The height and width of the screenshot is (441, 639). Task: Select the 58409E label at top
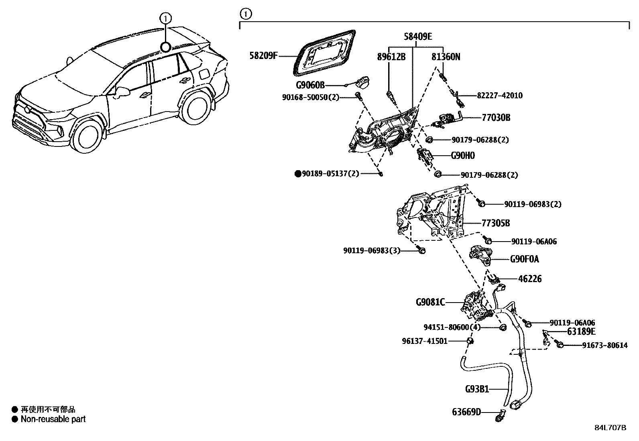click(417, 37)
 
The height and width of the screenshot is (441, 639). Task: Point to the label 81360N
click(446, 57)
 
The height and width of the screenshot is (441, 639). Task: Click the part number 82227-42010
click(500, 96)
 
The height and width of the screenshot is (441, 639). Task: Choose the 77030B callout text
click(496, 118)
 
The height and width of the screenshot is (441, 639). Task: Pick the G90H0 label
click(462, 156)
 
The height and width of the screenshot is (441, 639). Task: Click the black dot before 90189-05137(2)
click(298, 173)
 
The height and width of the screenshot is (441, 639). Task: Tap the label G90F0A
click(525, 259)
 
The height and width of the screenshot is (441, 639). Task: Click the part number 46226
click(529, 278)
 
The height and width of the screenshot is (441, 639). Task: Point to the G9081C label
click(430, 302)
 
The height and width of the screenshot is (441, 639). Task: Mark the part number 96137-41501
click(425, 341)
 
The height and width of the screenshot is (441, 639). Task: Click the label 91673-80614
click(605, 345)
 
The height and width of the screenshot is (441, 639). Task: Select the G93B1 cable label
click(477, 389)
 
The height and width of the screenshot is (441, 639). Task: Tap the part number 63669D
click(466, 412)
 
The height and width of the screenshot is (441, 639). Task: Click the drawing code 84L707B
click(610, 427)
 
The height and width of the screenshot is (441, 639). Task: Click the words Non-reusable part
click(53, 419)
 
